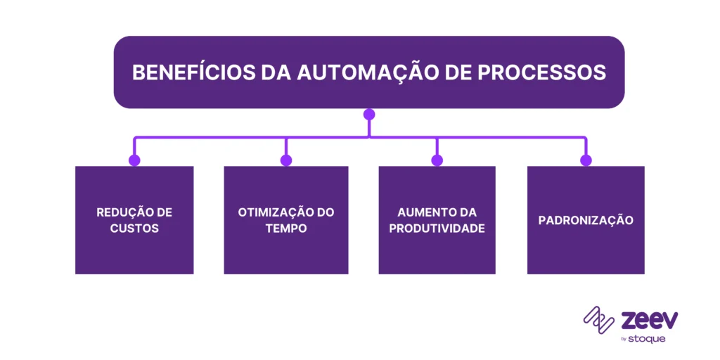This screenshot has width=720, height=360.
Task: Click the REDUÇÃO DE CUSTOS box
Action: point(134,220)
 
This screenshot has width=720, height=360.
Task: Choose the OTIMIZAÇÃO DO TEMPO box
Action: point(286,220)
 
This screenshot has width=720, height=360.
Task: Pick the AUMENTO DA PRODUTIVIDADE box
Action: point(437,220)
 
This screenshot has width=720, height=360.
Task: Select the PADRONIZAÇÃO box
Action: point(586,220)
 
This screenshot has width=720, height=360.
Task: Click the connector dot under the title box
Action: point(369,114)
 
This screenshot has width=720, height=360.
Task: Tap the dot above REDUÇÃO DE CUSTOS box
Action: point(134,160)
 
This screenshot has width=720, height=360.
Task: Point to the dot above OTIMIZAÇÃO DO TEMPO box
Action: point(286,160)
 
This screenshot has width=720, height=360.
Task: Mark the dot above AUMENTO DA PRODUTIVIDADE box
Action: point(437,160)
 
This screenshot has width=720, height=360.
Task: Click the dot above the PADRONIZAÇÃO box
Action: point(586,160)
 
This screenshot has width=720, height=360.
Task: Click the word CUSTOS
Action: point(134,229)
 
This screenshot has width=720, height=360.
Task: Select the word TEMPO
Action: point(286,229)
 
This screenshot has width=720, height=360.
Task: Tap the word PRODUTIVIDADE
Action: point(437,229)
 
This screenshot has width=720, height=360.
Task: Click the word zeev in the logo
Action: point(650,320)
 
